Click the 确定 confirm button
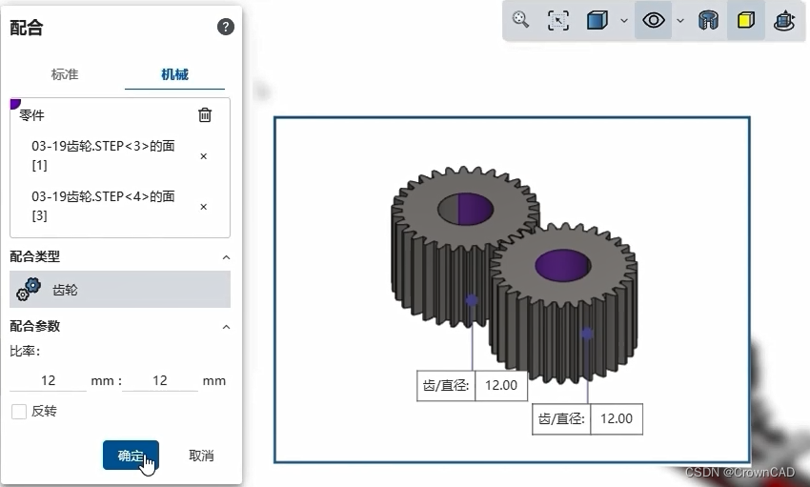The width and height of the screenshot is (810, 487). [131, 456]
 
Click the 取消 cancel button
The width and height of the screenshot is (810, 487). [201, 456]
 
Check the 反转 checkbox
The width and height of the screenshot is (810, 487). [19, 412]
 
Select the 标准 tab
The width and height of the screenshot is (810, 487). [65, 74]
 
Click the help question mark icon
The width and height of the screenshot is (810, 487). [226, 27]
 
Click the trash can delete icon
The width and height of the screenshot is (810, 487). [205, 115]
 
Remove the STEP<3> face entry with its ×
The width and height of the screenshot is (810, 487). [203, 156]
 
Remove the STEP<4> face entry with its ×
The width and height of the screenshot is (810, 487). [203, 207]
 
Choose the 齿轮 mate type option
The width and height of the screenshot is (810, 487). [119, 290]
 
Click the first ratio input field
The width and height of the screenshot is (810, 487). [48, 380]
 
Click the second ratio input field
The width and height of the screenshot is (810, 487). [159, 380]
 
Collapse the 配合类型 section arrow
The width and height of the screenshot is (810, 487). [226, 257]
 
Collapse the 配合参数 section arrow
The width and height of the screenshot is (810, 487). [226, 327]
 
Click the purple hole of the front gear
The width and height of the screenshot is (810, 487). [562, 266]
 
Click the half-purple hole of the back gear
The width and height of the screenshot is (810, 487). [464, 208]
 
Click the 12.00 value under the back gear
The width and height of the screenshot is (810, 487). [501, 386]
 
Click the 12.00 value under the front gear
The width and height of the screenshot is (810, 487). [617, 418]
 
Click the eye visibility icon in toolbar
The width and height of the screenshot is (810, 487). [654, 20]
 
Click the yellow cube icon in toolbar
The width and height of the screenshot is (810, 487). [745, 20]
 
